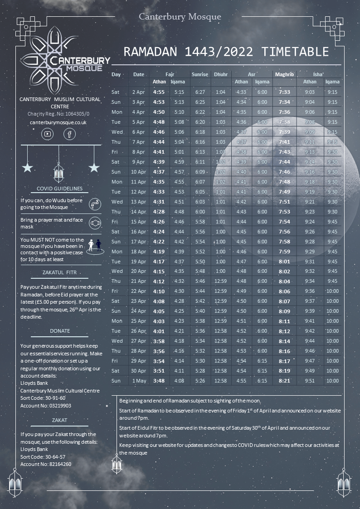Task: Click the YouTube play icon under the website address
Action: coord(48,134)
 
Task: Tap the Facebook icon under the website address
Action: coord(69,134)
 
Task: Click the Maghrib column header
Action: coord(284,74)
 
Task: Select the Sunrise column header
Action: coord(200,74)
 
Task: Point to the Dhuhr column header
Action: coord(221,74)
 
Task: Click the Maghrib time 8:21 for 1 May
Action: coord(284,381)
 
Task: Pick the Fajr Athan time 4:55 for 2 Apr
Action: coord(159,92)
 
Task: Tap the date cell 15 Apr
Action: coord(138,222)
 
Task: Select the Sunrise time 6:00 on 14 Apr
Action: coord(200,212)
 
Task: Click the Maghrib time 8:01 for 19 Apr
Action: coord(284,262)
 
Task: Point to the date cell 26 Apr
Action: coord(138,331)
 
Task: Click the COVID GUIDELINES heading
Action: coord(60,189)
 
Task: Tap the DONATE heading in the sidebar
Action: coord(60,331)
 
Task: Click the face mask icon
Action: coord(94,223)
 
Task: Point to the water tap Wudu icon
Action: coord(94,204)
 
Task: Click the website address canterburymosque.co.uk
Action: coord(58,122)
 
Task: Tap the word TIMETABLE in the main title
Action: coord(291,51)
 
